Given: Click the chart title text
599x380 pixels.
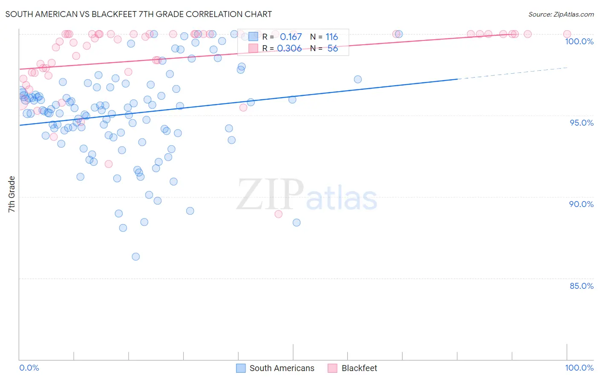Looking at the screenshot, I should (x=138, y=14).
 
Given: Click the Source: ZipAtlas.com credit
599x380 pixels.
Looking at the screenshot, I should (x=561, y=14).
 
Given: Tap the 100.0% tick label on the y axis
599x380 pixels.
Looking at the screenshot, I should (x=579, y=41).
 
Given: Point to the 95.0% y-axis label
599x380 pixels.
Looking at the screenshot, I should (x=582, y=123).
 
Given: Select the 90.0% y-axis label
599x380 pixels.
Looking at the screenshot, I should (x=582, y=204).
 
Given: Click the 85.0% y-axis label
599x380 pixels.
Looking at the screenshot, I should (x=582, y=286).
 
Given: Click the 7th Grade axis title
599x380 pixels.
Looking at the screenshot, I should (x=12, y=194).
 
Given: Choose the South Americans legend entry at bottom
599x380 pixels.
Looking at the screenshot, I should (x=282, y=368).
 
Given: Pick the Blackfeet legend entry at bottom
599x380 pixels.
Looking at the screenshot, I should (x=359, y=368).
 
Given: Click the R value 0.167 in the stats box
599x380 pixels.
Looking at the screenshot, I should (x=291, y=37).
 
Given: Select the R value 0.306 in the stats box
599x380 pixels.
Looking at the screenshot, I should (x=290, y=49).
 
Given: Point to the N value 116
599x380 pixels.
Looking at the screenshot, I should (x=331, y=37).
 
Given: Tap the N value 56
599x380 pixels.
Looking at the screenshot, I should (x=332, y=49).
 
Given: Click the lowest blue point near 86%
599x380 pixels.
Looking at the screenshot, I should (x=136, y=256).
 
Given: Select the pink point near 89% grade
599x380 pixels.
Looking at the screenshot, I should (x=279, y=214).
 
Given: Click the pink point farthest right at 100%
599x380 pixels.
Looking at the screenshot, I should (x=567, y=34).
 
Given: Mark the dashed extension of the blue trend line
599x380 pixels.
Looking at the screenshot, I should (x=511, y=73).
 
